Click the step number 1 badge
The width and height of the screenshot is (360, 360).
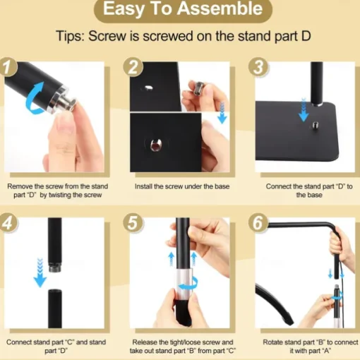pyautogui.click(x=8, y=67)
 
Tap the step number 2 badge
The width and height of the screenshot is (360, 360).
pyautogui.click(x=133, y=67)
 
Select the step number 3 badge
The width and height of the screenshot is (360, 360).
pyautogui.click(x=258, y=67)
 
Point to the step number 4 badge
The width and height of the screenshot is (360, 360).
pyautogui.click(x=8, y=222)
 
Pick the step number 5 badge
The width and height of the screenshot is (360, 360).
pyautogui.click(x=133, y=222)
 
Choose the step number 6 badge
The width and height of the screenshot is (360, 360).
pyautogui.click(x=258, y=222)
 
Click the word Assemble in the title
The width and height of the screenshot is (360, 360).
pyautogui.click(x=220, y=9)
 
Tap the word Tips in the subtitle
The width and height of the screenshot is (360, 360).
pyautogui.click(x=70, y=36)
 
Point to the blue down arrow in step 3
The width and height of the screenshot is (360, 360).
pyautogui.click(x=304, y=110)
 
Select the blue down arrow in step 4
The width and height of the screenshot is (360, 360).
pyautogui.click(x=40, y=273)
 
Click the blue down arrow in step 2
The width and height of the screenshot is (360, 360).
pyautogui.click(x=222, y=114)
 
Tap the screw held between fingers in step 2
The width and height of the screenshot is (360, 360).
pyautogui.click(x=198, y=88)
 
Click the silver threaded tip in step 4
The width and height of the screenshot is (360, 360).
pyautogui.click(x=55, y=268)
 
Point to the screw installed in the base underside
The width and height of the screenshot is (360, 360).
pyautogui.click(x=155, y=145)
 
